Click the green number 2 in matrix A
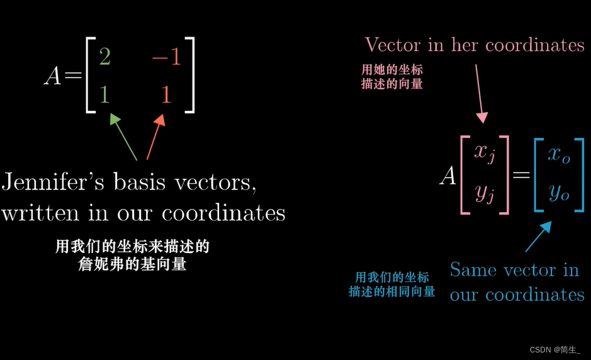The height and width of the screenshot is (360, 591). [104, 57]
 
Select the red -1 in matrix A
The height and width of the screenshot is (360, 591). [166, 57]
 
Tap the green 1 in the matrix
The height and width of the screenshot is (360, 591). [104, 94]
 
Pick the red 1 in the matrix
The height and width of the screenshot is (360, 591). [166, 94]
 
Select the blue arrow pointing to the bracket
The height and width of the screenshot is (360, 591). [538, 237]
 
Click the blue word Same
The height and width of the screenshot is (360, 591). [473, 270]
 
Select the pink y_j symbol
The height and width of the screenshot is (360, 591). [485, 192]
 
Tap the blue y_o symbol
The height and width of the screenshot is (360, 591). [558, 192]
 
